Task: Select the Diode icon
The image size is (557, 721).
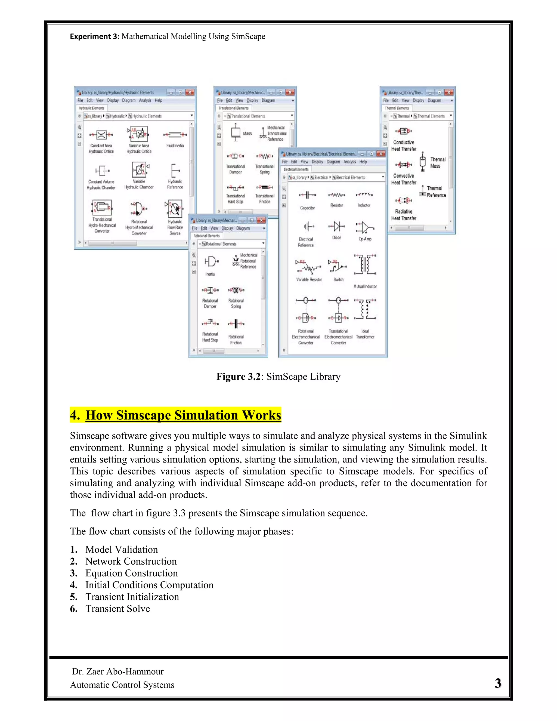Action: [x=337, y=226]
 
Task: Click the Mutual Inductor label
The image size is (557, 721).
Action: [x=365, y=286]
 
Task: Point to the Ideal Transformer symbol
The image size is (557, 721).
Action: [x=365, y=309]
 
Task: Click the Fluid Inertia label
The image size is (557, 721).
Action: [x=175, y=146]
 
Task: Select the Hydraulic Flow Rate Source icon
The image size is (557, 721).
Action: [x=175, y=209]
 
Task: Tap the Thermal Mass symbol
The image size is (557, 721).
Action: [x=422, y=162]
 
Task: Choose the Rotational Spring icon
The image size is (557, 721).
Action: [x=236, y=290]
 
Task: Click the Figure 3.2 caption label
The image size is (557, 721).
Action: [x=278, y=377]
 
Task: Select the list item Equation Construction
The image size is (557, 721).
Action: [x=131, y=573]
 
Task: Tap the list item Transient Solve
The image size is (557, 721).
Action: [x=117, y=609]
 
